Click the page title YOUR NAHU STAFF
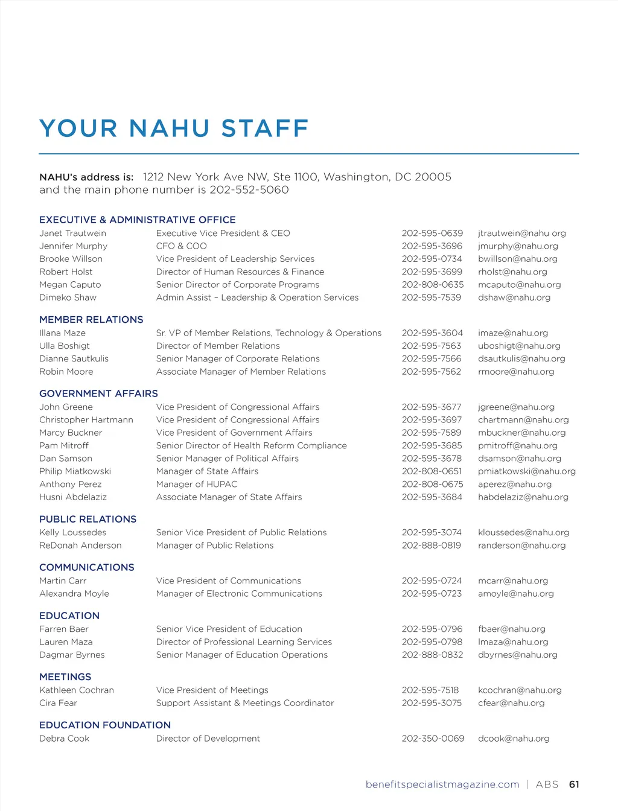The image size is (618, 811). coord(174,129)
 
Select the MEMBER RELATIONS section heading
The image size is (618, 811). coord(91,319)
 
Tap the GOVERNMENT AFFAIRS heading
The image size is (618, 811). coord(98,393)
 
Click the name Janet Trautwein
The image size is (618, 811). coord(72,233)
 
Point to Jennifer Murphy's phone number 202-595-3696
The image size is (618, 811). coord(432,246)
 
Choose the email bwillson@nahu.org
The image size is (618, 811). coord(518,259)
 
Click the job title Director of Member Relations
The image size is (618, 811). coord(218,346)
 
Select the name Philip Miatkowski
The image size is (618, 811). coord(75,471)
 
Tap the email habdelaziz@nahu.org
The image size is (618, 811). coord(523,497)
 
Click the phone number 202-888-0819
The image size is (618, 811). coord(432,545)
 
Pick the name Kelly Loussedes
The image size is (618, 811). coord(72,532)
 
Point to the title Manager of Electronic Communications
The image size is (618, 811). coord(239,594)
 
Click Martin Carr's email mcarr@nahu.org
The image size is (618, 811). coord(513,580)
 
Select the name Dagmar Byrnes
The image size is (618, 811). coord(72,655)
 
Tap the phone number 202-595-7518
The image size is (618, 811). coord(430,690)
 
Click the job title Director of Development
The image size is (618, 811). coord(208,739)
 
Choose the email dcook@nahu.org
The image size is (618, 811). coord(514,739)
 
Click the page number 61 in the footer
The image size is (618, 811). coord(574,784)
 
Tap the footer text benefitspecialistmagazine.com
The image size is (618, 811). coord(442,784)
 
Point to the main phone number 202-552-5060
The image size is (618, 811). coord(249,190)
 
